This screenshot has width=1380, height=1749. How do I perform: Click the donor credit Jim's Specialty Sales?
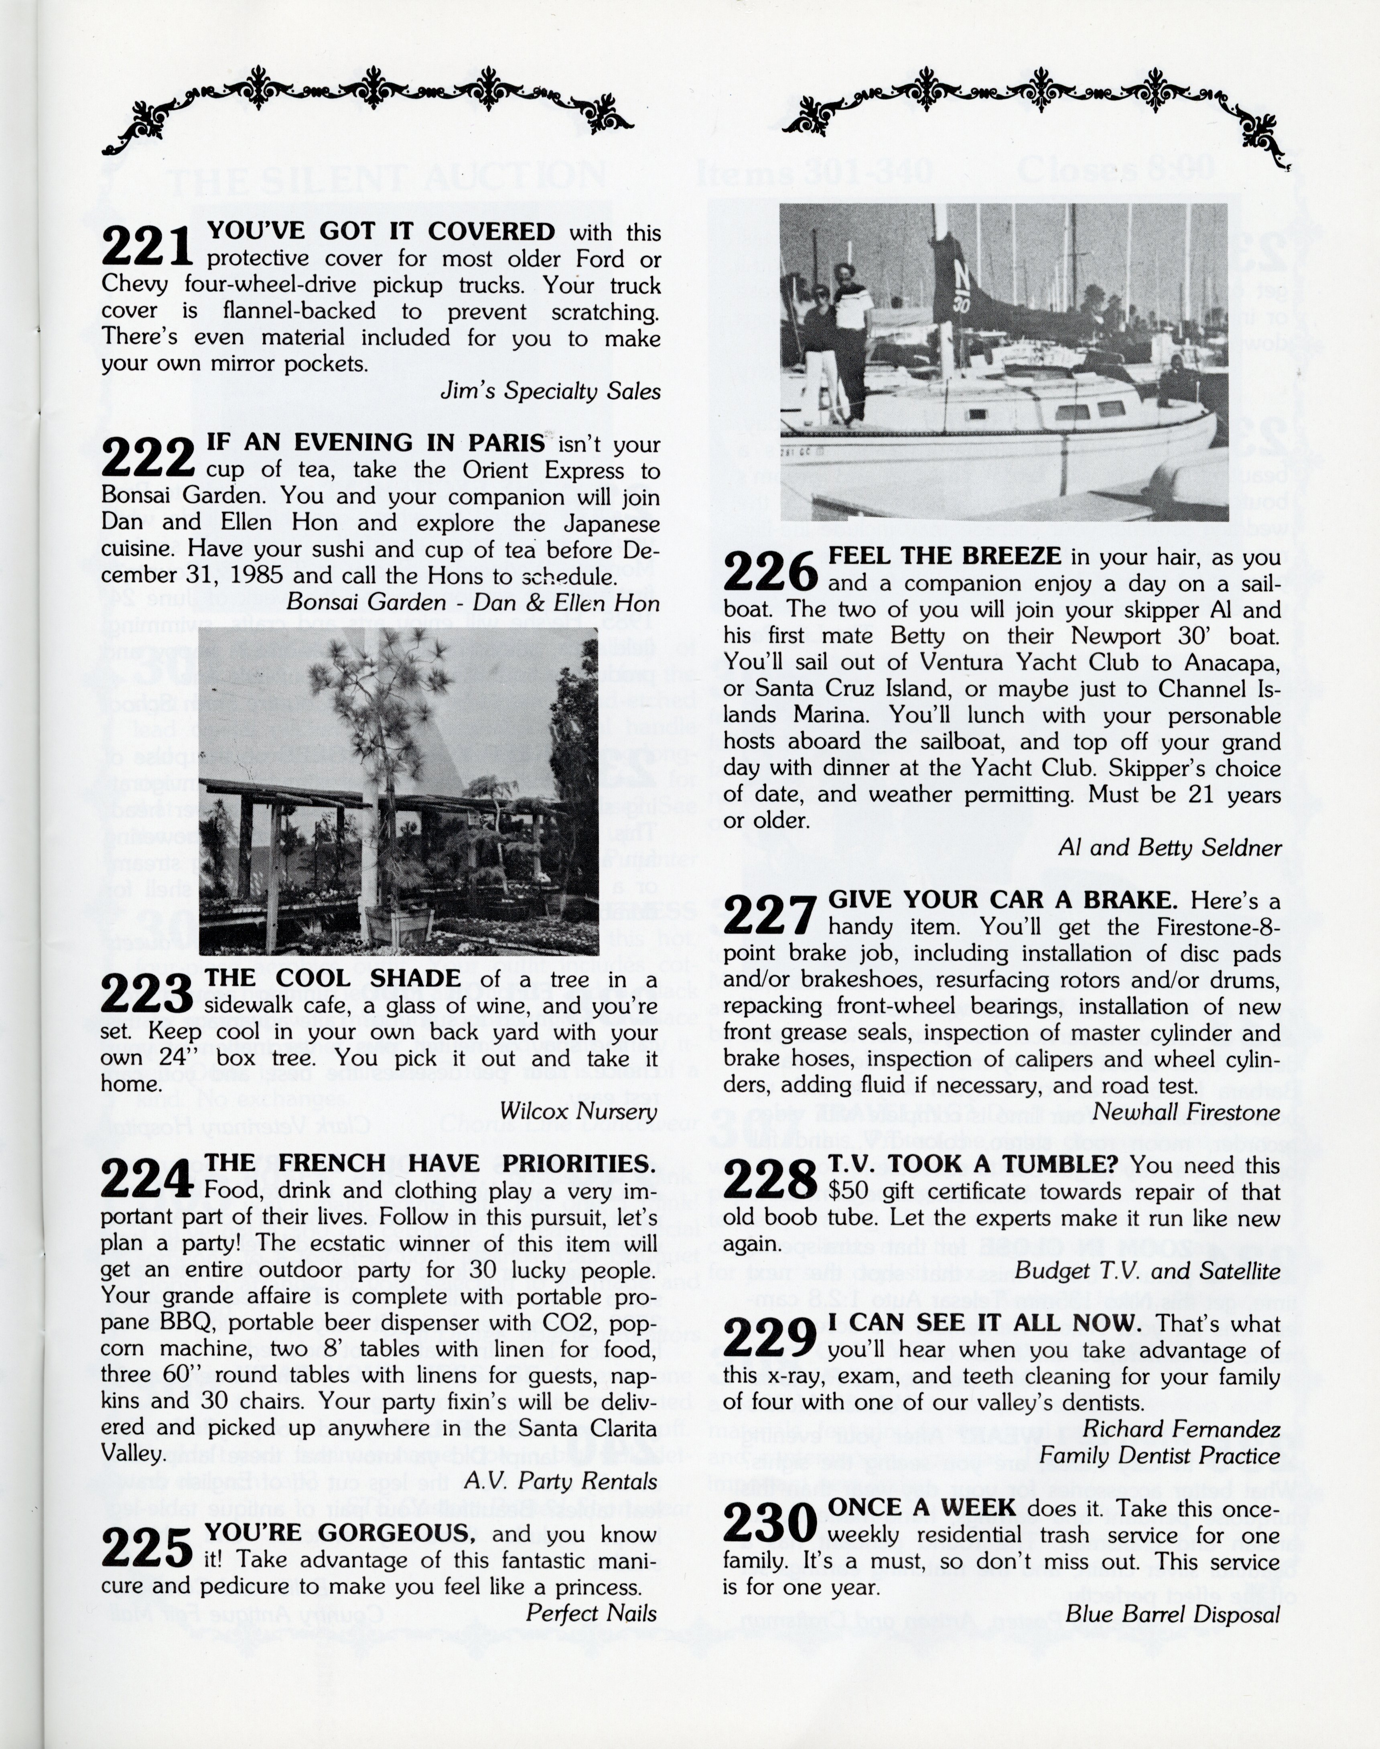(550, 392)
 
